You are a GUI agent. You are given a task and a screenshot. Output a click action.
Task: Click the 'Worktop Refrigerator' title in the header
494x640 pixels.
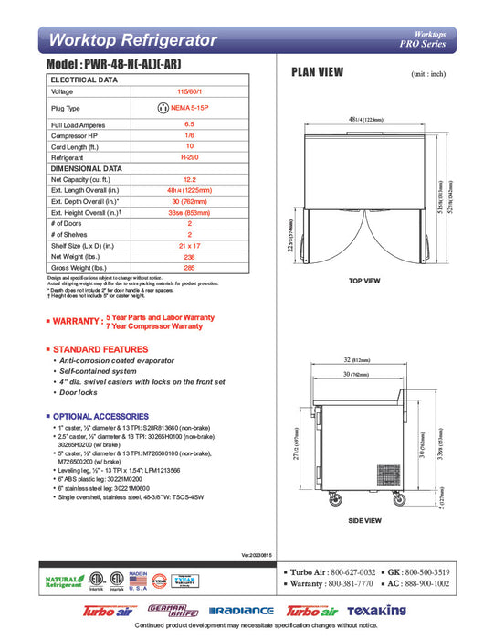coord(132,40)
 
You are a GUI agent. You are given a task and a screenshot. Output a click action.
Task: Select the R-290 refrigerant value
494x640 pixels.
coord(189,157)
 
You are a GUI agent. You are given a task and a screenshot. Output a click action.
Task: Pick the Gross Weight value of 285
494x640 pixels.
coord(189,269)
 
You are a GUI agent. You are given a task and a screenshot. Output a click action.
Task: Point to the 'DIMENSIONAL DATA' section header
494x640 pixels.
coord(86,168)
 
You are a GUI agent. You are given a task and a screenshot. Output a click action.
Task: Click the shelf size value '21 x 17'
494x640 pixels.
coord(189,247)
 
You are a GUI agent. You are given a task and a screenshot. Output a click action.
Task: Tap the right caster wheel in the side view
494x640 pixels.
coord(398,499)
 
